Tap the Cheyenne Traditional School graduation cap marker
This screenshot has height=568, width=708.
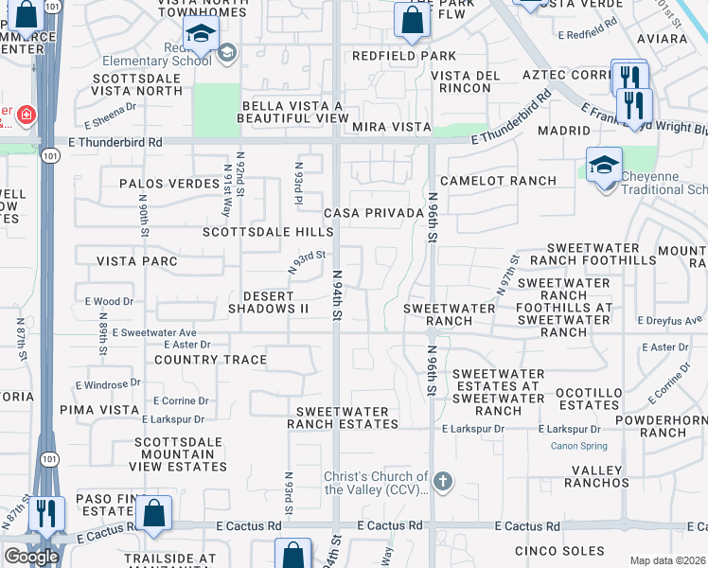tap(603, 167)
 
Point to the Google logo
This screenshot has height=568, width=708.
tap(31, 557)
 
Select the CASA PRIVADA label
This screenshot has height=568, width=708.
tap(373, 213)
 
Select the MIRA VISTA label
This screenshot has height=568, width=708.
tap(391, 127)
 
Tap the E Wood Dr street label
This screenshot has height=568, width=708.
tap(109, 301)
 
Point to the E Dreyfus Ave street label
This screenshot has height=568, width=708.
tap(670, 321)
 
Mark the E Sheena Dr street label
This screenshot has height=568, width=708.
tap(110, 122)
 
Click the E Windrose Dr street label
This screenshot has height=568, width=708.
tap(108, 384)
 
